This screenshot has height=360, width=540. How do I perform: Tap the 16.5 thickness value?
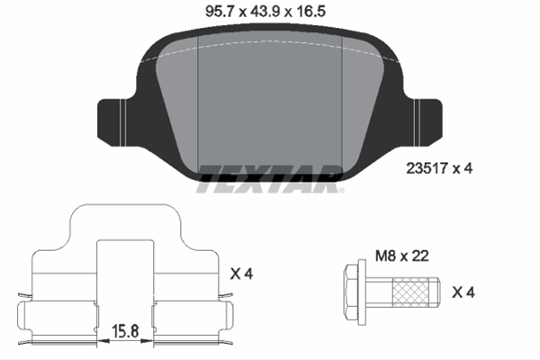click(x=310, y=12)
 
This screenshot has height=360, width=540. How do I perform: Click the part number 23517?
click(x=427, y=168)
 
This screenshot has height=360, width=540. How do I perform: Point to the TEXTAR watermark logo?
click(x=268, y=179)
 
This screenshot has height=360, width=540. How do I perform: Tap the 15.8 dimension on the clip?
click(x=125, y=331)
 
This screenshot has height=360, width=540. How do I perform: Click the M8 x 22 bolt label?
click(x=402, y=256)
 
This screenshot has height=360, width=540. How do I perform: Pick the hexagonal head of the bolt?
click(x=351, y=292)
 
